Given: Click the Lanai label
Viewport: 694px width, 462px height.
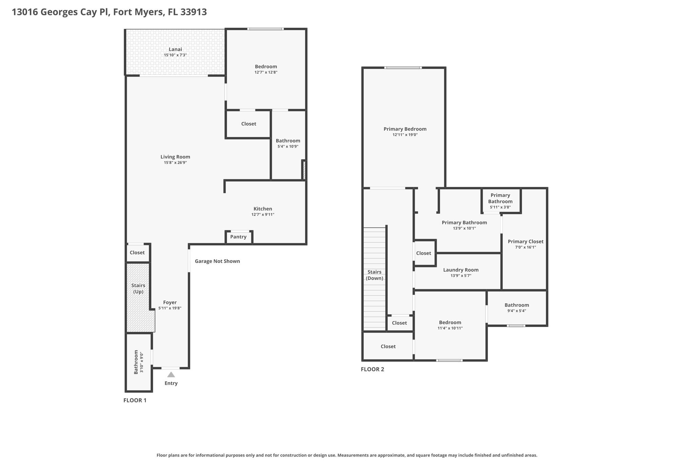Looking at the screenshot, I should (175, 49).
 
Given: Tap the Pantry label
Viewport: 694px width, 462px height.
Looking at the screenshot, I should (238, 237).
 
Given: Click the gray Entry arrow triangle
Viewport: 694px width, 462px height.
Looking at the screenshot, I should (171, 375).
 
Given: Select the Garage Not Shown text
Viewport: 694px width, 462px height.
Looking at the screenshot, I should (217, 261).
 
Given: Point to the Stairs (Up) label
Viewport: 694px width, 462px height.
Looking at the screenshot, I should (138, 288).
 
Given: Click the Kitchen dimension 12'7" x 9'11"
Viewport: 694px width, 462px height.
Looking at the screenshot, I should (263, 215).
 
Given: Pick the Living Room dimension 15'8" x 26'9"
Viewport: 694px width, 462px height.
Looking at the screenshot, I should (175, 163).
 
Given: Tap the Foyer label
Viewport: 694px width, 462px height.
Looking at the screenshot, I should (170, 303).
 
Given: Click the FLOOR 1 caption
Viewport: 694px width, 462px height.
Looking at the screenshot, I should (135, 400).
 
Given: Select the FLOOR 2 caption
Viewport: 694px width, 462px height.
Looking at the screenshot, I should (372, 369).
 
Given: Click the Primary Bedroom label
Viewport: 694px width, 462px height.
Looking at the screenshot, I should (405, 129).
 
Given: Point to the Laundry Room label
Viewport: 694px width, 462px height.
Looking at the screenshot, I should (461, 270).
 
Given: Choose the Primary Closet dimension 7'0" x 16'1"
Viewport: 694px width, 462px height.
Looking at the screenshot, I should (526, 247).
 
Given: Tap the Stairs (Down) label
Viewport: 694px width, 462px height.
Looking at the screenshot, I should (374, 275).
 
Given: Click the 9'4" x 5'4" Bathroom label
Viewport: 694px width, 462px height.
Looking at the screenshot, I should (516, 305).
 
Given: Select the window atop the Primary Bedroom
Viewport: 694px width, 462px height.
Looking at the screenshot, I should (403, 68).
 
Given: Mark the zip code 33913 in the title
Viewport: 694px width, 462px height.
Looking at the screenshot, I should (193, 12).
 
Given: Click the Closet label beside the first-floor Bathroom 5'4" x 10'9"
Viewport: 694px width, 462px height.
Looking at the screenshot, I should (248, 124).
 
